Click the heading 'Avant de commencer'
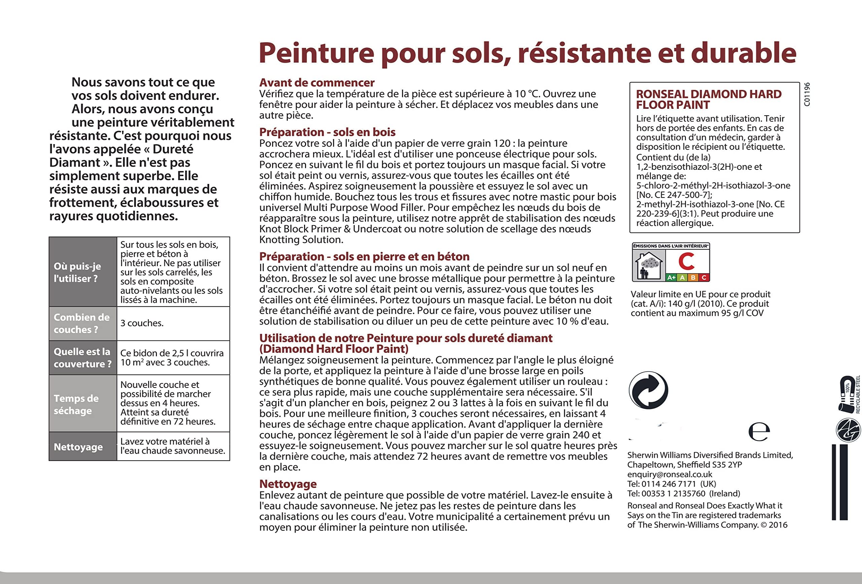(x=317, y=83)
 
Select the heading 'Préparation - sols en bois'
(x=327, y=132)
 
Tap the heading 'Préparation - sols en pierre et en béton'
(x=364, y=256)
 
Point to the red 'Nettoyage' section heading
(x=288, y=484)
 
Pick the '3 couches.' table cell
(x=142, y=324)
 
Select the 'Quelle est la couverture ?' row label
(x=82, y=358)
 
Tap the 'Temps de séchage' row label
(x=76, y=404)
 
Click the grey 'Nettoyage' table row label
(x=78, y=447)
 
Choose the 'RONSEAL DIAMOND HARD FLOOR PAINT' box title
(x=708, y=99)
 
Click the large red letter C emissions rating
(x=687, y=262)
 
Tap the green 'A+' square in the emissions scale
(x=671, y=277)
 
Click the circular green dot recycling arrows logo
(x=649, y=390)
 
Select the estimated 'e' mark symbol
(x=759, y=432)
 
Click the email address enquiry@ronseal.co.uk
(x=669, y=474)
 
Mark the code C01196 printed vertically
(x=807, y=94)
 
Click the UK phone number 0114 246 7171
(x=669, y=484)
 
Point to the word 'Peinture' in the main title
(x=317, y=53)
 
